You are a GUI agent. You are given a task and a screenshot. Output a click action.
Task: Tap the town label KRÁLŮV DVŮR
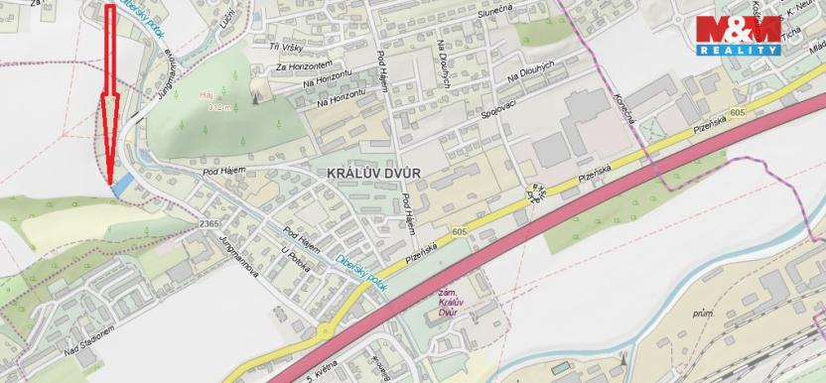(373, 172)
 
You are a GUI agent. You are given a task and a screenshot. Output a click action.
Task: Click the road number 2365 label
(208, 224)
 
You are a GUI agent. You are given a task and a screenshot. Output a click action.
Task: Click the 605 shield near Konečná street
(737, 115)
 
